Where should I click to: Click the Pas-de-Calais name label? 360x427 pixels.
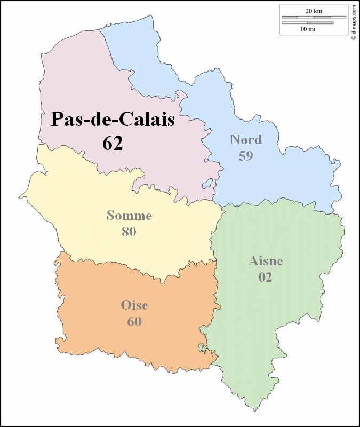[x=113, y=120]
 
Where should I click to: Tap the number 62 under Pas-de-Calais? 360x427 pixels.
[x=113, y=143]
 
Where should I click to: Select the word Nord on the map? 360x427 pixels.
[x=246, y=140]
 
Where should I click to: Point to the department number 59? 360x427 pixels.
[x=246, y=156]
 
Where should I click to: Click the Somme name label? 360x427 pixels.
[x=129, y=216]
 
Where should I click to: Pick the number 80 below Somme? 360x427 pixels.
[x=129, y=232]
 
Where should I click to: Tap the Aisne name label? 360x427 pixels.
[x=266, y=261]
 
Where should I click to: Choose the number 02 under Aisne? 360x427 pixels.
[x=266, y=277]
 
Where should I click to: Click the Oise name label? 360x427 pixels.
[x=134, y=305]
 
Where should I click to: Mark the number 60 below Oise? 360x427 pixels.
[x=134, y=321]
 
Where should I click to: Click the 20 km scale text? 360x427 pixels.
[x=314, y=11]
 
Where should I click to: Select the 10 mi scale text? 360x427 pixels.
[x=308, y=29]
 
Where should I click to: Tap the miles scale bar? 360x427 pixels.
[x=308, y=23]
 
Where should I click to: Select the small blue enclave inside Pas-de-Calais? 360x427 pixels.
[x=205, y=185]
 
